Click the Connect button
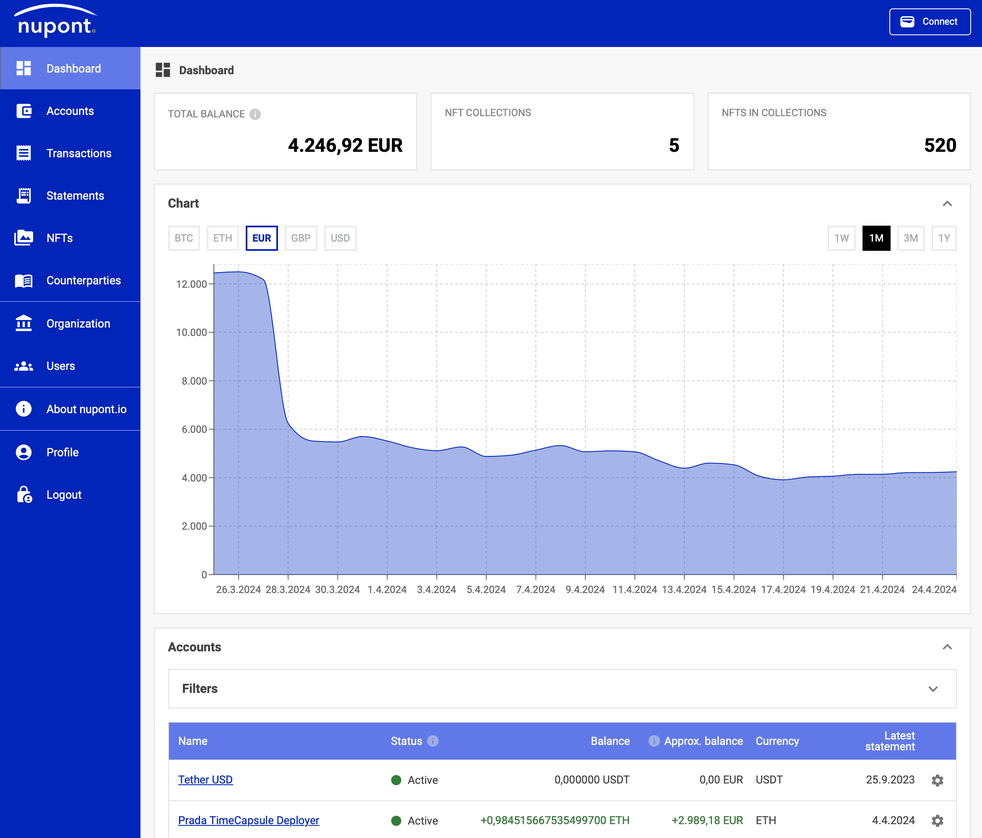click(x=930, y=22)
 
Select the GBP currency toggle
click(x=301, y=238)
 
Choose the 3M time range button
click(x=910, y=238)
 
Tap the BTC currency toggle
click(x=184, y=238)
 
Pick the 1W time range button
click(x=841, y=238)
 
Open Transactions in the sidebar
click(x=79, y=154)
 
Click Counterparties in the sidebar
click(x=83, y=281)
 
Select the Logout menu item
click(x=64, y=495)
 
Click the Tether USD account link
click(x=205, y=780)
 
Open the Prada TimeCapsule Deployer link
click(x=248, y=820)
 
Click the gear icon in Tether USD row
click(x=937, y=780)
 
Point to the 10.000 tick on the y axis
click(x=192, y=333)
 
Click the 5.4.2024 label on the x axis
click(x=486, y=590)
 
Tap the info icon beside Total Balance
click(x=255, y=114)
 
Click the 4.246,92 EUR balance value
click(x=345, y=146)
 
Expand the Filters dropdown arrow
click(x=933, y=689)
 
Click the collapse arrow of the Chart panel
click(x=947, y=204)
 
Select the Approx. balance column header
click(x=703, y=741)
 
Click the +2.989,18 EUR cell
click(x=707, y=820)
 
